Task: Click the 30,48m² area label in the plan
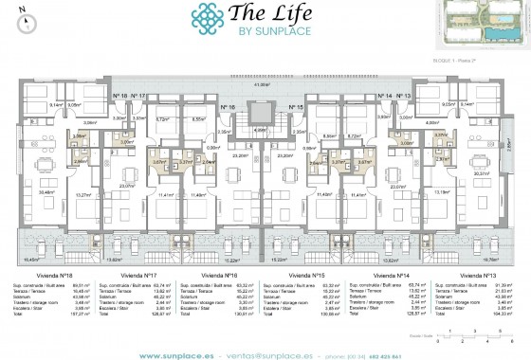(45, 191)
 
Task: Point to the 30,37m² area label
(482, 173)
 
